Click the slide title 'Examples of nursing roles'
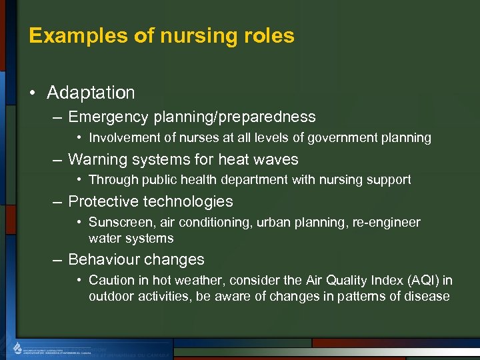(161, 35)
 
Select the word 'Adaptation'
(91, 93)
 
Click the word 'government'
(341, 138)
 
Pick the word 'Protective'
(101, 201)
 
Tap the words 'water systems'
(131, 238)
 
